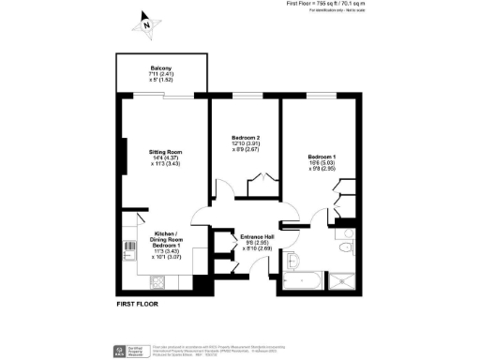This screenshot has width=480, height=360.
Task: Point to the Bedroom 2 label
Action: [245, 137]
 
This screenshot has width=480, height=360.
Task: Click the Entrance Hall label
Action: [257, 235]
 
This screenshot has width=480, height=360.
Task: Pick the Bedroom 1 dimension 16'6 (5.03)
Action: [321, 163]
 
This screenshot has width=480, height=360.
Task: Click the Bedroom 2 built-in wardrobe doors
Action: [261, 180]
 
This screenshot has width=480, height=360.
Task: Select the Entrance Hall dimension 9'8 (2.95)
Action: [257, 242]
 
